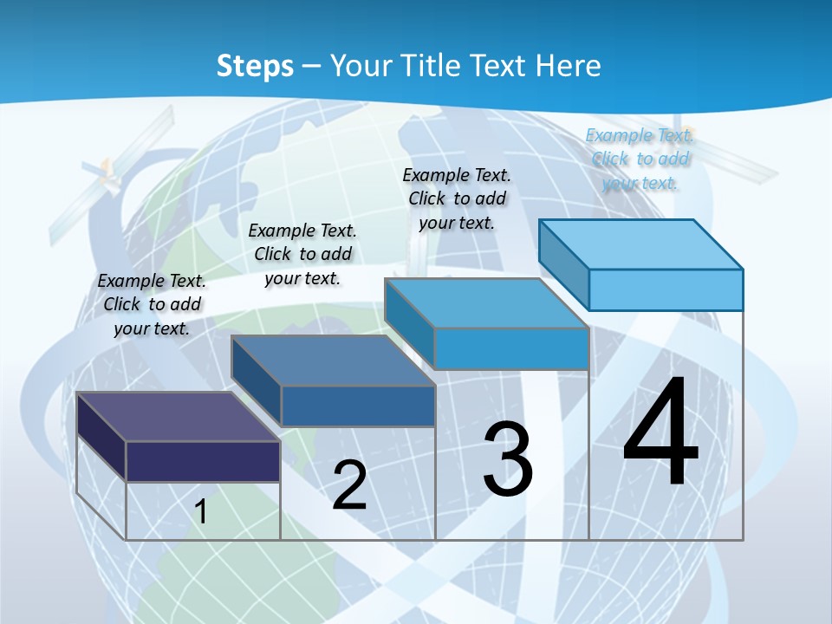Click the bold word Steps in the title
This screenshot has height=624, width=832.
tap(255, 66)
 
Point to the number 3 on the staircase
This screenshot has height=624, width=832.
tap(508, 459)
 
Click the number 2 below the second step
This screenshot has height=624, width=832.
tap(349, 485)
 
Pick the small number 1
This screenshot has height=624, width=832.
tap(201, 511)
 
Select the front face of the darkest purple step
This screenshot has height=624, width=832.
tap(203, 461)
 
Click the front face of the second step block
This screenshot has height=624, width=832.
tap(358, 406)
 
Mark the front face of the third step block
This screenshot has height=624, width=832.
tap(511, 348)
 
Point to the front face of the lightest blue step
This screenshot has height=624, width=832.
tap(666, 289)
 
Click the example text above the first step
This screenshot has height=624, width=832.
tap(152, 304)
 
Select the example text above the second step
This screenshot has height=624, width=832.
tap(302, 254)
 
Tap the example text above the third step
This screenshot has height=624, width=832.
tap(457, 198)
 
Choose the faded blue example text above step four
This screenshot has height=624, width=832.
tap(640, 159)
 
